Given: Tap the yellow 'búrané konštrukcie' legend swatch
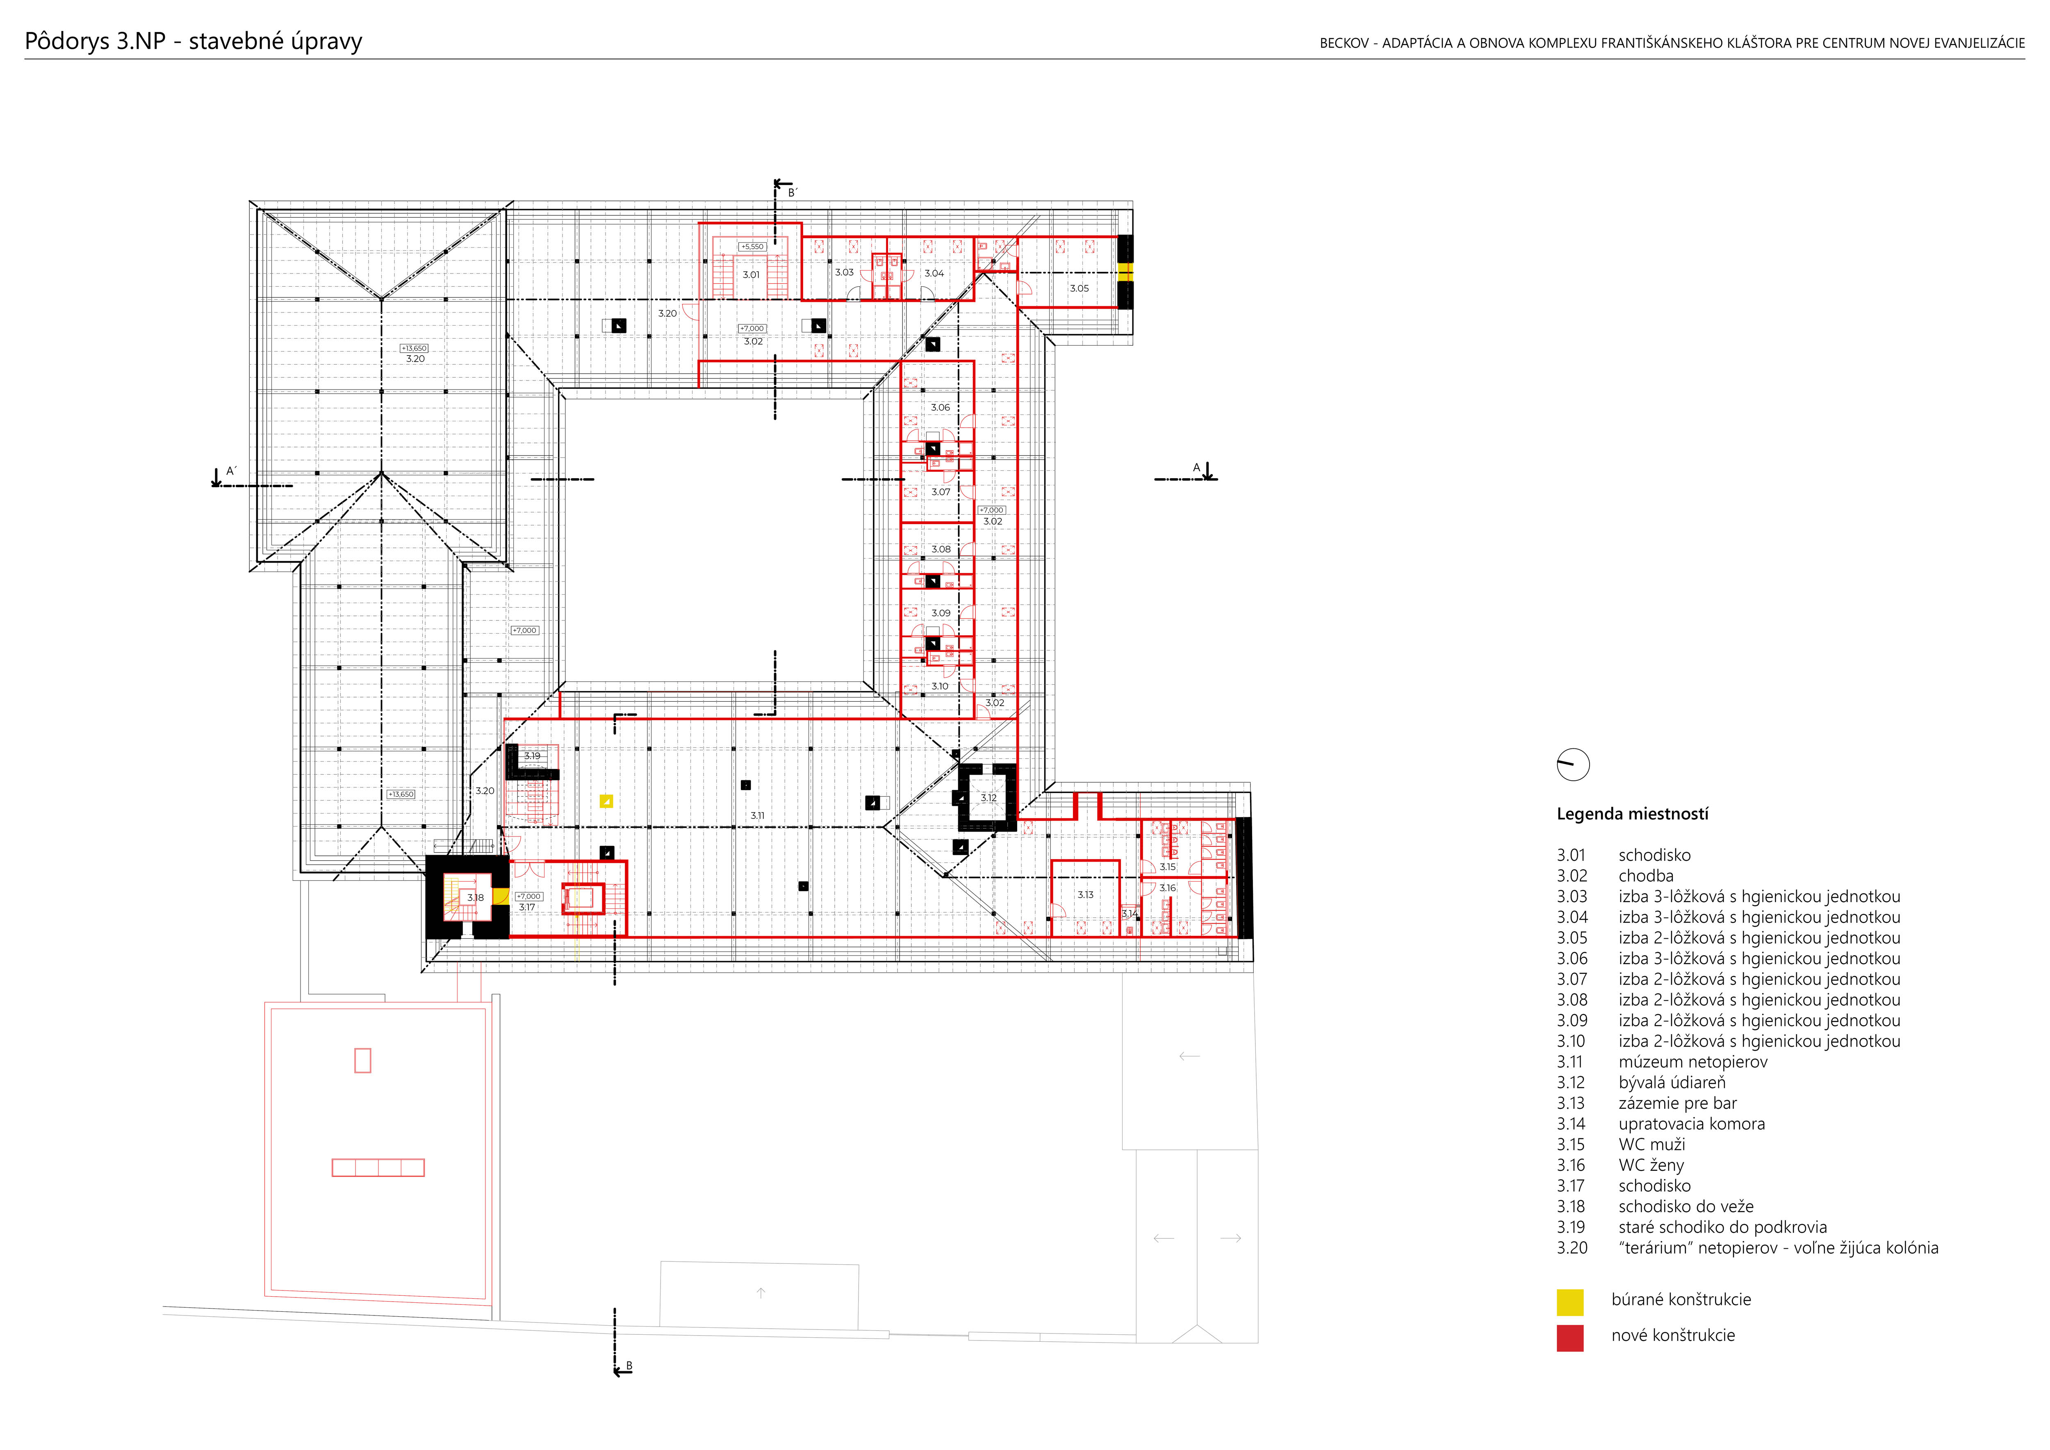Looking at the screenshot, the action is (1569, 1302).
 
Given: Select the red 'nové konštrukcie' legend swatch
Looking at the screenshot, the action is (1569, 1338).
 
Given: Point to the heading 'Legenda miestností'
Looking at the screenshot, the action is (1632, 814).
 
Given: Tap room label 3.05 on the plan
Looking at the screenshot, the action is (1079, 288).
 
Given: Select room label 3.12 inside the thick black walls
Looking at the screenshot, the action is (989, 798).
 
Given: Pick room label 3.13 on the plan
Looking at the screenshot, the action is (1085, 895).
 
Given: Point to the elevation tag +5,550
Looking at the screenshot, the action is (752, 246).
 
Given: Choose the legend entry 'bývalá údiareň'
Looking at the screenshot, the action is (1672, 1082).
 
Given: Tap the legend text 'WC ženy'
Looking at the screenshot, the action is (1651, 1165).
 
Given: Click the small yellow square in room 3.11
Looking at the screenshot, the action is (606, 801).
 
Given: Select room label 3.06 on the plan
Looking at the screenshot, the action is (940, 407).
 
